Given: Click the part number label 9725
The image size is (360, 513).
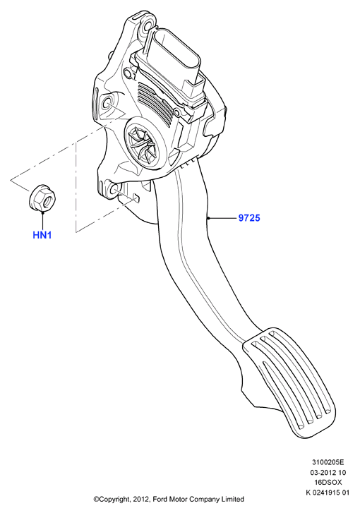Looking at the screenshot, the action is [x=249, y=217].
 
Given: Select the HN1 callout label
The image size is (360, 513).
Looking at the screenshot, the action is [x=42, y=235].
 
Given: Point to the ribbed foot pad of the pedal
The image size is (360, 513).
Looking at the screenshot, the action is [x=290, y=382].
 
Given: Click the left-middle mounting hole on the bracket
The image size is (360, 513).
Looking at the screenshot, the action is [x=108, y=104].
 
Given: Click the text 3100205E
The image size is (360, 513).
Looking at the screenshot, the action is [x=328, y=462].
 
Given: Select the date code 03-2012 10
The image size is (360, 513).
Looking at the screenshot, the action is [x=328, y=473].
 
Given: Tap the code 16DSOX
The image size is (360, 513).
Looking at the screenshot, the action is [x=328, y=482].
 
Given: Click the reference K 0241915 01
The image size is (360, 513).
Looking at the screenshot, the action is [x=328, y=493].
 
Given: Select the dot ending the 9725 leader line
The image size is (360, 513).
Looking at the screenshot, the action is [x=208, y=217].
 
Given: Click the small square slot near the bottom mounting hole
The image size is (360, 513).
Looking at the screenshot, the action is [x=137, y=198].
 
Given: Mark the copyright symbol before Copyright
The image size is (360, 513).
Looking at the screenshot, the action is [x=96, y=500].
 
